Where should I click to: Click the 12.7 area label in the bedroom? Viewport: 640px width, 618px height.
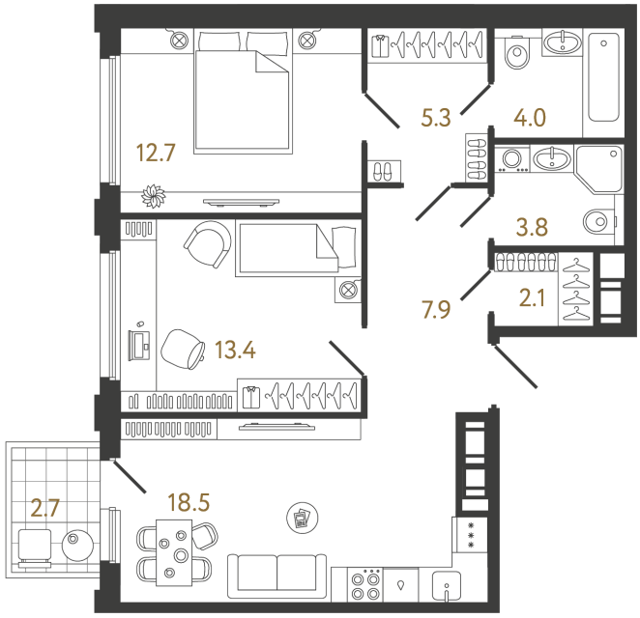click(x=157, y=153)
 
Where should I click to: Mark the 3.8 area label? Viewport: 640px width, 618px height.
click(x=532, y=229)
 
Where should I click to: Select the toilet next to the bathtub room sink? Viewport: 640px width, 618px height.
click(x=517, y=54)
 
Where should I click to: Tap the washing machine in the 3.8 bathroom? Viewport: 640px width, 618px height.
click(x=510, y=159)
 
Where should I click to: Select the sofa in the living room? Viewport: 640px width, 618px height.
click(x=276, y=574)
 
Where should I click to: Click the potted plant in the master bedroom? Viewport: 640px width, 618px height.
click(x=154, y=196)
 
